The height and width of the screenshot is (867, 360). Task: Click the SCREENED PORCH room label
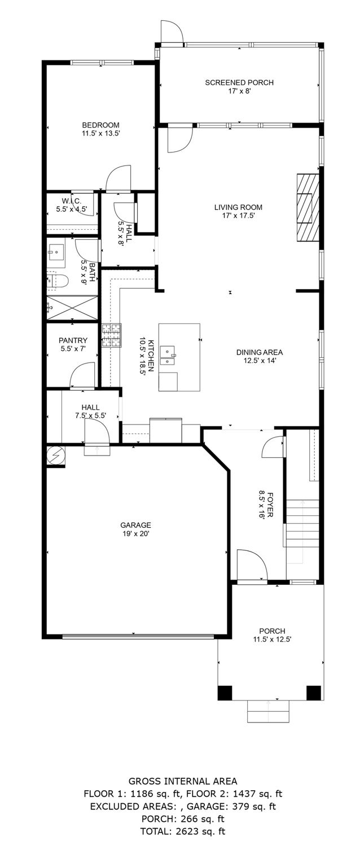(x=239, y=82)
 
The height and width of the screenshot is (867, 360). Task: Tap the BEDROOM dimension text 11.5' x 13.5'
(x=100, y=134)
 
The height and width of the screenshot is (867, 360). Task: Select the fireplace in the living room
(x=308, y=207)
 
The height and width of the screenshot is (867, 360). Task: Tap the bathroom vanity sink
(x=56, y=249)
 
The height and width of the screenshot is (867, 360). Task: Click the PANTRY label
(x=73, y=340)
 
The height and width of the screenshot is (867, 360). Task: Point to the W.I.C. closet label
(x=72, y=201)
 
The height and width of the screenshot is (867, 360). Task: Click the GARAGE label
(x=135, y=524)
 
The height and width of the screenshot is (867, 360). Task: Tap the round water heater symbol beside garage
(x=55, y=455)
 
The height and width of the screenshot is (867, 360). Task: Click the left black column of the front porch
(x=225, y=693)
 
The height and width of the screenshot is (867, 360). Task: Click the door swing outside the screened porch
(x=172, y=32)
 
